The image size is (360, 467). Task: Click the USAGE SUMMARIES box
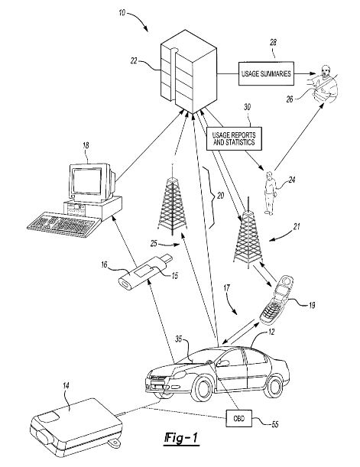point(266,73)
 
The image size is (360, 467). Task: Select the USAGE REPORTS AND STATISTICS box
point(234,138)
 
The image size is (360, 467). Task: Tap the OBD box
point(238,418)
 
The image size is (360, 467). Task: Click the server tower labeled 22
point(189,72)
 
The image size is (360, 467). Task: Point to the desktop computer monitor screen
point(87,181)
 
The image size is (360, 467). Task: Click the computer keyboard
point(63,224)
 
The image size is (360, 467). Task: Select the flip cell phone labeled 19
point(277,300)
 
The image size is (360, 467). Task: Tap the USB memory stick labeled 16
point(145,272)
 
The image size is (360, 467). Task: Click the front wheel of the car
point(203,389)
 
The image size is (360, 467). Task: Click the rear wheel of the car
point(273,386)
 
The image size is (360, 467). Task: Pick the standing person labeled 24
point(270,193)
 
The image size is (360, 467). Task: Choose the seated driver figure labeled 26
point(323,85)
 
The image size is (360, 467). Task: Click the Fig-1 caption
point(181,439)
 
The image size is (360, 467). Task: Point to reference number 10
point(122,13)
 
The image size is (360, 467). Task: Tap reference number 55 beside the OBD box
point(275,424)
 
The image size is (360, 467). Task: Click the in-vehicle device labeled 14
point(76,426)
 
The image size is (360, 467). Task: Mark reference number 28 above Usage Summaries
point(273,43)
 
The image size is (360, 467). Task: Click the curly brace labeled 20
point(212,197)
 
